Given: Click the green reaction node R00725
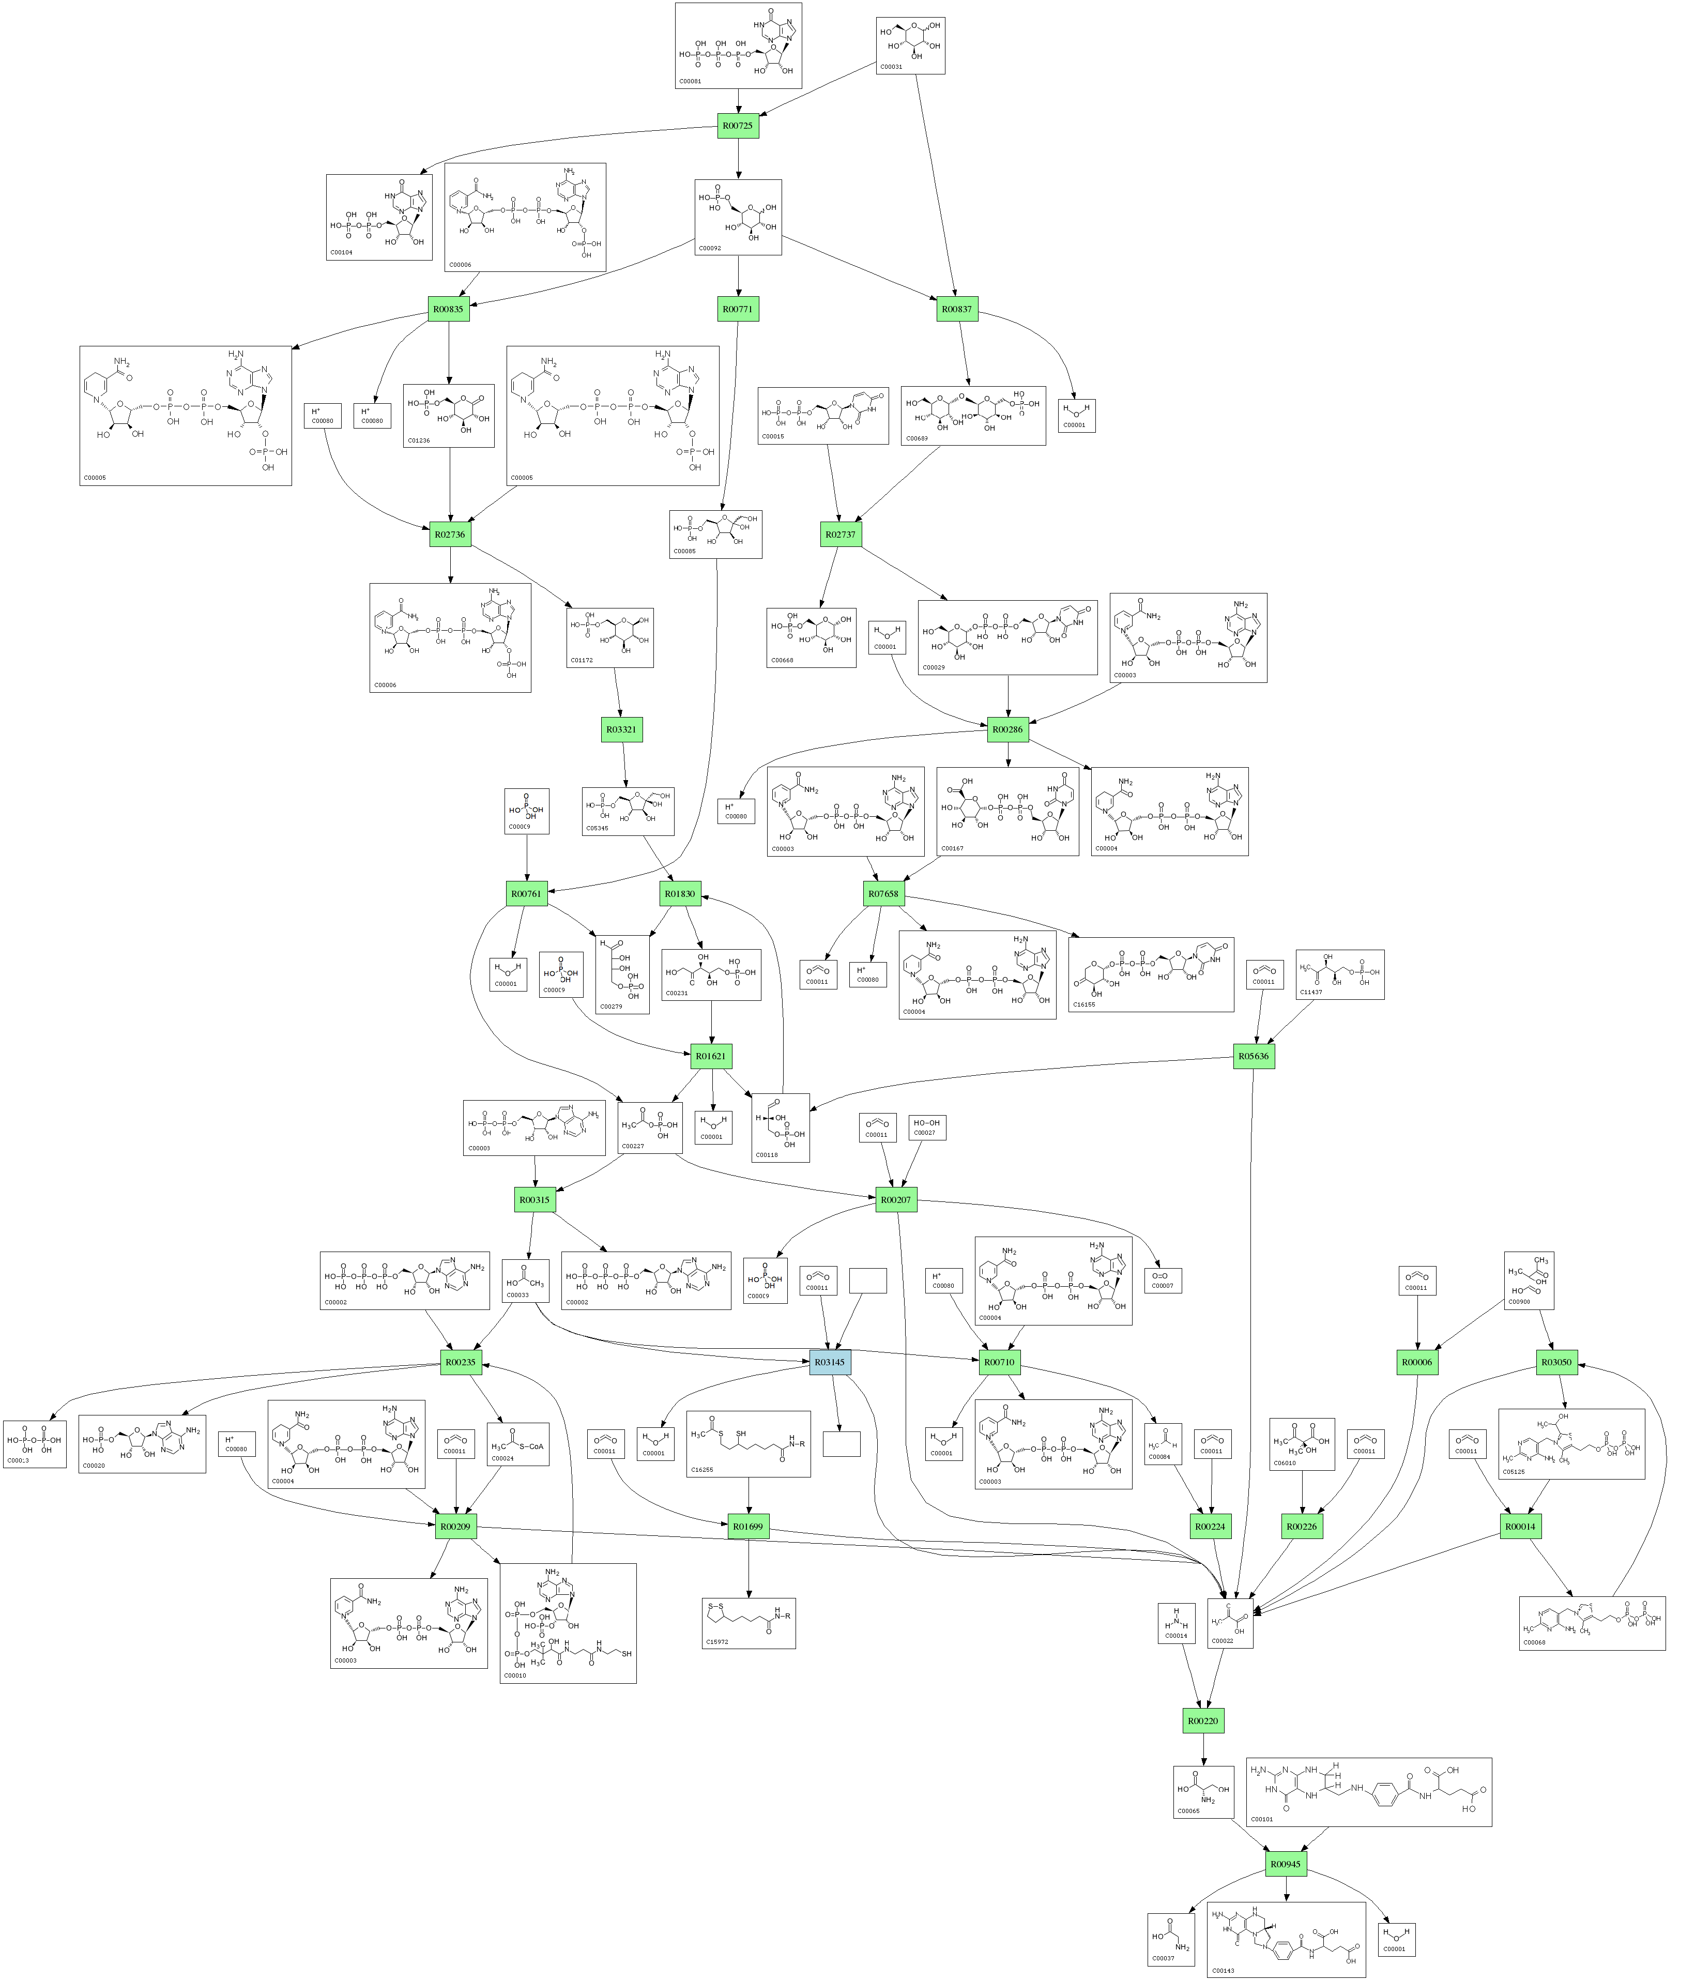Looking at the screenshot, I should (x=738, y=125).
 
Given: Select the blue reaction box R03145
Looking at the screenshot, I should (x=830, y=1362).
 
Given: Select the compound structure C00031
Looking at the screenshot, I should (x=910, y=45).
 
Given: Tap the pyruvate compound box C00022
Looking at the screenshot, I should (x=1230, y=1622).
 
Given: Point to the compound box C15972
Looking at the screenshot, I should (x=749, y=1622).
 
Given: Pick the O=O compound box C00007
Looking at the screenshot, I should (x=1163, y=1280).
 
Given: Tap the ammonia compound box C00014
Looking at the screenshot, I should (x=1176, y=1622).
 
